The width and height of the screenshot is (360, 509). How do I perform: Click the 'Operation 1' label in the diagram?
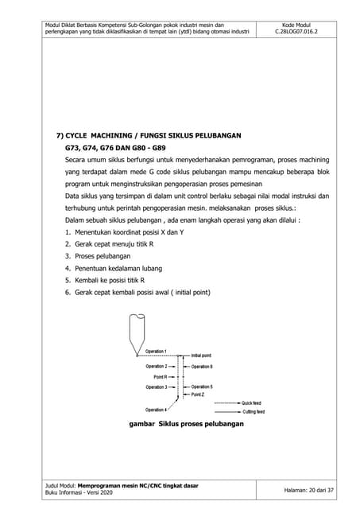[x=155, y=351]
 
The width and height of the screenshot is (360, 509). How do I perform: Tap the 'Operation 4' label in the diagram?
[x=155, y=409]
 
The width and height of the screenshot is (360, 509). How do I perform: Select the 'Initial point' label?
[x=201, y=355]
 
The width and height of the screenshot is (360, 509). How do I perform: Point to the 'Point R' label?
[x=159, y=376]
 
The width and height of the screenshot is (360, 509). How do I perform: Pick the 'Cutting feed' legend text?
[x=254, y=412]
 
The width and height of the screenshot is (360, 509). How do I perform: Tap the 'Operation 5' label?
[x=202, y=387]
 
